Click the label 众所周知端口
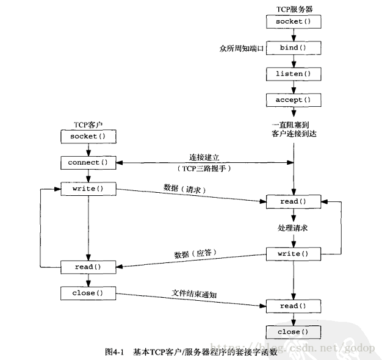click(x=241, y=48)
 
